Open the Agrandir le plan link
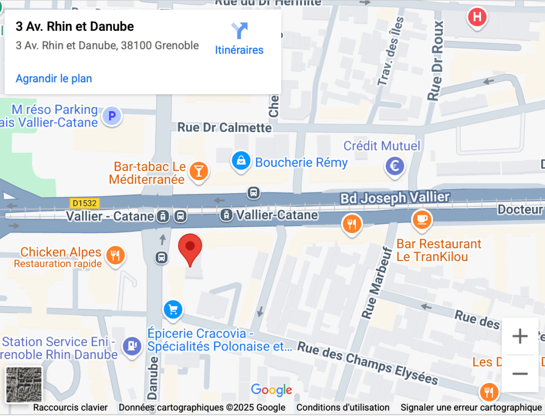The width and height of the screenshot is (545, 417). [54, 79]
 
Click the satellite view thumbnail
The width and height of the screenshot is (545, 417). [24, 384]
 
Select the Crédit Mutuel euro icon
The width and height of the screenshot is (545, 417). [395, 167]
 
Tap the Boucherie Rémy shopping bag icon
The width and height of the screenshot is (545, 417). [241, 161]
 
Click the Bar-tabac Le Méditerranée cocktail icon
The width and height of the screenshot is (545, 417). [199, 172]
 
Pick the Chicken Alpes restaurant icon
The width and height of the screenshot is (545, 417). [115, 256]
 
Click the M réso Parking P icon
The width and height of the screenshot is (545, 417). [112, 115]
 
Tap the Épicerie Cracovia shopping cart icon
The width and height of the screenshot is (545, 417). [173, 309]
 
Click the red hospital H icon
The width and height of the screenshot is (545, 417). [477, 17]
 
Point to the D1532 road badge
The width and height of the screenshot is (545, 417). [84, 203]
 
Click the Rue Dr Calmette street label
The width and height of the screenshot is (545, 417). [224, 128]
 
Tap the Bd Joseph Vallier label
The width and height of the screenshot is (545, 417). [395, 198]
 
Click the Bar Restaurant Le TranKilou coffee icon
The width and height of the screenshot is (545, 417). [422, 219]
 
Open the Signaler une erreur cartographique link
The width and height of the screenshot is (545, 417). [470, 407]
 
